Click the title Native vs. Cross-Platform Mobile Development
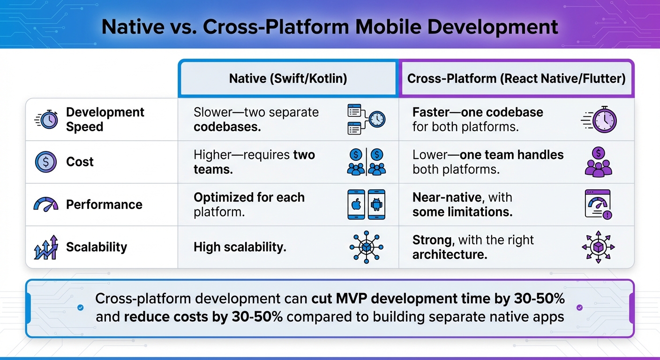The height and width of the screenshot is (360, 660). (330, 27)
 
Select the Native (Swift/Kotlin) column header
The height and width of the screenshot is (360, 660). (288, 78)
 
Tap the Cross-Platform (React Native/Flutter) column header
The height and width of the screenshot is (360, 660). (516, 78)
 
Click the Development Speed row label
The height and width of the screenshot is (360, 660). (105, 120)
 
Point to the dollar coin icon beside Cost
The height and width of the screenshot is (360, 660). (45, 162)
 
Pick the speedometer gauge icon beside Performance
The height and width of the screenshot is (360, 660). (45, 205)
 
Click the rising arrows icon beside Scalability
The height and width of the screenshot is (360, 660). (45, 247)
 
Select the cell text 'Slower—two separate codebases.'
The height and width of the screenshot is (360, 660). (256, 120)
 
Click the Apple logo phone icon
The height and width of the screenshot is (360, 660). (356, 204)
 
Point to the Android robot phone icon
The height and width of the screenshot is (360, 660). (376, 204)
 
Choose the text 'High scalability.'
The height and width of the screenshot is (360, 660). (240, 247)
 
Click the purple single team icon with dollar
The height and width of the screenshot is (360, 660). (599, 162)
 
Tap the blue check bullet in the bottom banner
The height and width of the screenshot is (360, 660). (80, 307)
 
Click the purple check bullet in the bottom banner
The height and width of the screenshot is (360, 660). (579, 307)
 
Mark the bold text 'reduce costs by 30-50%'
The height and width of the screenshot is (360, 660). (203, 317)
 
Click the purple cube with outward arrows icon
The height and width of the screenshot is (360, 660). (598, 247)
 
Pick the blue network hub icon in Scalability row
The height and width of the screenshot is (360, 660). (366, 247)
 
